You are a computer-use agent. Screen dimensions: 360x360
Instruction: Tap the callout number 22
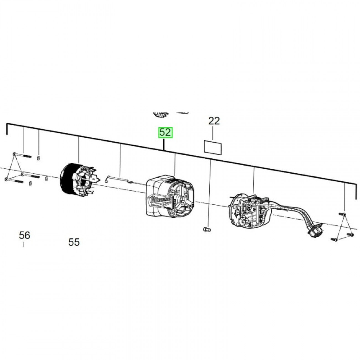point(214,121)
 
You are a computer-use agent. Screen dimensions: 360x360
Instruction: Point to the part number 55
point(74,242)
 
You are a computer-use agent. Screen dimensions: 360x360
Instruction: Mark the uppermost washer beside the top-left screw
point(38,158)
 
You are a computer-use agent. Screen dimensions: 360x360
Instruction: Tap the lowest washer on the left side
point(31,183)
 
